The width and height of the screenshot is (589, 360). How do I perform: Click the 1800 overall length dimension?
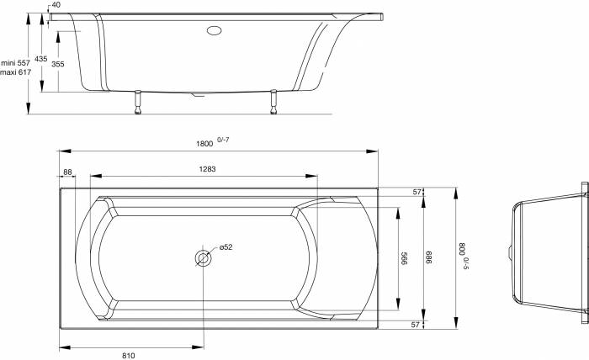[204, 144]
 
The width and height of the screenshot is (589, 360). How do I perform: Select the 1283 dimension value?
[207, 169]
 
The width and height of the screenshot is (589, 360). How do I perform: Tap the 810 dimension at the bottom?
[129, 356]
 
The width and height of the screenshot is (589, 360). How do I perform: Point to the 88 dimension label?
[67, 172]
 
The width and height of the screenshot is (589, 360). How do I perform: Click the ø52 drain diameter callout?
[226, 247]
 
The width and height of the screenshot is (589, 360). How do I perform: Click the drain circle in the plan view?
[204, 258]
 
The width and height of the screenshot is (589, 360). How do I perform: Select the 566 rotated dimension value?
[404, 258]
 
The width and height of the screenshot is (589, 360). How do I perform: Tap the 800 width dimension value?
[463, 249]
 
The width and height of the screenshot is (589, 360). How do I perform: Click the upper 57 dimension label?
[417, 193]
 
